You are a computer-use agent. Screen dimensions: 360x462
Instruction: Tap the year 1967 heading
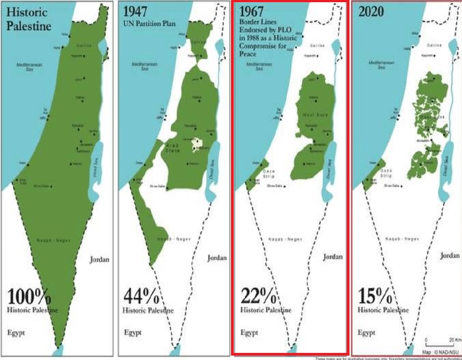click(x=252, y=11)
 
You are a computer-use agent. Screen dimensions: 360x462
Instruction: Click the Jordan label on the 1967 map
click(x=334, y=257)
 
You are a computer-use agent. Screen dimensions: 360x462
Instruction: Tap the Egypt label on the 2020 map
click(x=367, y=332)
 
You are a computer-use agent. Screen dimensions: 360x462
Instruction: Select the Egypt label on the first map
click(x=16, y=332)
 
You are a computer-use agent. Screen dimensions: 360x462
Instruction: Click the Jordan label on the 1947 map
click(x=217, y=258)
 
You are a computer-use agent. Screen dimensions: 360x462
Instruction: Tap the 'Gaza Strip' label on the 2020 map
click(x=387, y=174)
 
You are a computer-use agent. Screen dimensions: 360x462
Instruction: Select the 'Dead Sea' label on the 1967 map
click(x=329, y=164)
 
